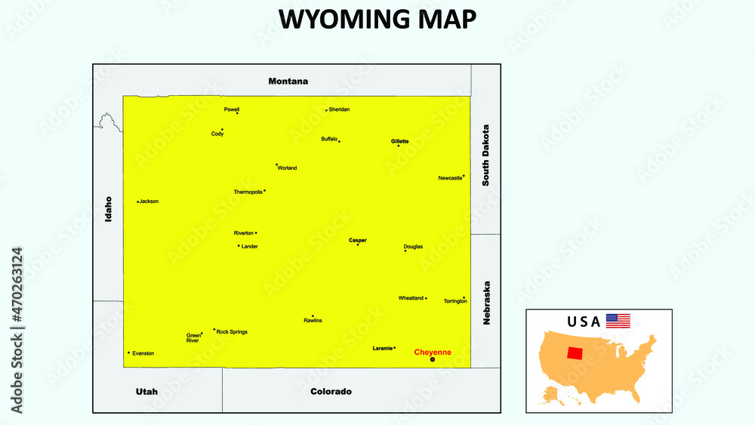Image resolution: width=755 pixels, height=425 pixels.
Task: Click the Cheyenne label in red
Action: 433,352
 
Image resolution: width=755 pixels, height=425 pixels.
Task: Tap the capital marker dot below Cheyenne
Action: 433,360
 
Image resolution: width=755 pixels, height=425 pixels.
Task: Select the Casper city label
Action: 358,240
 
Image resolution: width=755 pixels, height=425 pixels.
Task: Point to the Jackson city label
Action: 149,202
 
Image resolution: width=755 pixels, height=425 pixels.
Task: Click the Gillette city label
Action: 400,141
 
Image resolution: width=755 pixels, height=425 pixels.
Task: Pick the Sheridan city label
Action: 340,109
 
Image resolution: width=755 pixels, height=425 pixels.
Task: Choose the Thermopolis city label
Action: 248,192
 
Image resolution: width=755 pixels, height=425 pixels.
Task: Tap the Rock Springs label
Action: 232,331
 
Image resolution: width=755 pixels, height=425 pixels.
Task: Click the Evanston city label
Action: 143,353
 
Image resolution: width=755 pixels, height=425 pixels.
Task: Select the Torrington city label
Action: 455,301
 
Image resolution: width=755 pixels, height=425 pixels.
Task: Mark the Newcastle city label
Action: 450,178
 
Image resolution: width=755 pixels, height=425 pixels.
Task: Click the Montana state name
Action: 288,81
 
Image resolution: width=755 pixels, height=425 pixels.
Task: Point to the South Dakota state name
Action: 486,156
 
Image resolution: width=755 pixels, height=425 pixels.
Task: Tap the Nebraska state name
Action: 487,303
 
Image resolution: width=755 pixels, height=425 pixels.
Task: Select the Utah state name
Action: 146,392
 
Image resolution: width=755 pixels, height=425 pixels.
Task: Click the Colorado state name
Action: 331,392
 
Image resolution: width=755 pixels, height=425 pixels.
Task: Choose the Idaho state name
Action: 109,208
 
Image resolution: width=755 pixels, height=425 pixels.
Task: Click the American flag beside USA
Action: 618,321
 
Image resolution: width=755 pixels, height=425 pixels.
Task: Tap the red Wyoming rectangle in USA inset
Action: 575,353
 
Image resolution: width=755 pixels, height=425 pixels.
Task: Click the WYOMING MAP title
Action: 377,20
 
